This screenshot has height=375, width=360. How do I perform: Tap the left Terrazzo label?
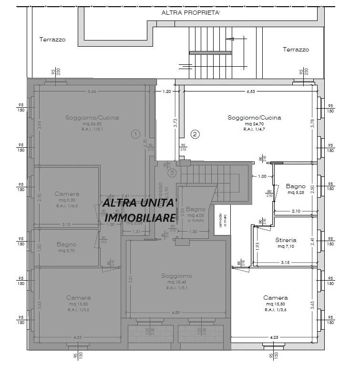[52, 40]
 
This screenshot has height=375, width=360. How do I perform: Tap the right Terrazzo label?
[296, 50]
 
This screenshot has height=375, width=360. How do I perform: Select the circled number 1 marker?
[136, 134]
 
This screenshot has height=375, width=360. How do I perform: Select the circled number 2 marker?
[195, 134]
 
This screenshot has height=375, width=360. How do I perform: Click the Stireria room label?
[286, 240]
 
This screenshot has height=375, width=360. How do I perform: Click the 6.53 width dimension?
[249, 91]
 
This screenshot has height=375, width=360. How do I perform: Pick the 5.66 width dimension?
[92, 91]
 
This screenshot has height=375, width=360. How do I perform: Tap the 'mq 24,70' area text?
[254, 123]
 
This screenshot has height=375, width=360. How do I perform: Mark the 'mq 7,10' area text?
[286, 246]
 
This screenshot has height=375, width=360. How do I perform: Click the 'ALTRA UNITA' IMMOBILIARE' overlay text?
[140, 210]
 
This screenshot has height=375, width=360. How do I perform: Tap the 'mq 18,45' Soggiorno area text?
[176, 282]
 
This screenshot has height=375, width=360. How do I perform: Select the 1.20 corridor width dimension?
[167, 91]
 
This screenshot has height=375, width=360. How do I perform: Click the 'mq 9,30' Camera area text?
[67, 201]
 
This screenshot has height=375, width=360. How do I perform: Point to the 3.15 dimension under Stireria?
[286, 263]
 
